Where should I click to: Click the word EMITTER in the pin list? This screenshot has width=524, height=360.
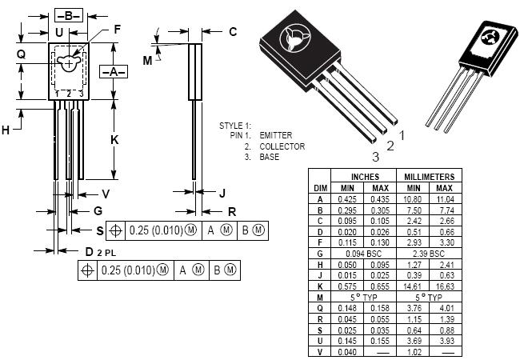click(275, 136)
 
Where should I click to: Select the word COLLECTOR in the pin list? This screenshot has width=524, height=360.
click(282, 146)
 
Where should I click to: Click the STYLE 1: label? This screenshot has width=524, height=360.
click(235, 126)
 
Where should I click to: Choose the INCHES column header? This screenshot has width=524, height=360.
click(365, 177)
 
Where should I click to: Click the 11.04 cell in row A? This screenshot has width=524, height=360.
click(444, 198)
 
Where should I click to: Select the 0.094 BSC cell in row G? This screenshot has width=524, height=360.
click(365, 253)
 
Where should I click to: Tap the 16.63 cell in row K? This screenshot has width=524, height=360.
click(444, 285)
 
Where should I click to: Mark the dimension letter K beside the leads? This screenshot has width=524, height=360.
click(114, 139)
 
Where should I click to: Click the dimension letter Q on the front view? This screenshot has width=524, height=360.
click(21, 54)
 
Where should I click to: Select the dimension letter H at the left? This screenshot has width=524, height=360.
click(6, 130)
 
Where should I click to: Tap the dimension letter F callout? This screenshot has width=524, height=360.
click(117, 30)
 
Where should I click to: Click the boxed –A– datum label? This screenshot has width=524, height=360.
click(114, 71)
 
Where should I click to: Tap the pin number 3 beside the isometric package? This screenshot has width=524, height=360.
click(374, 157)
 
